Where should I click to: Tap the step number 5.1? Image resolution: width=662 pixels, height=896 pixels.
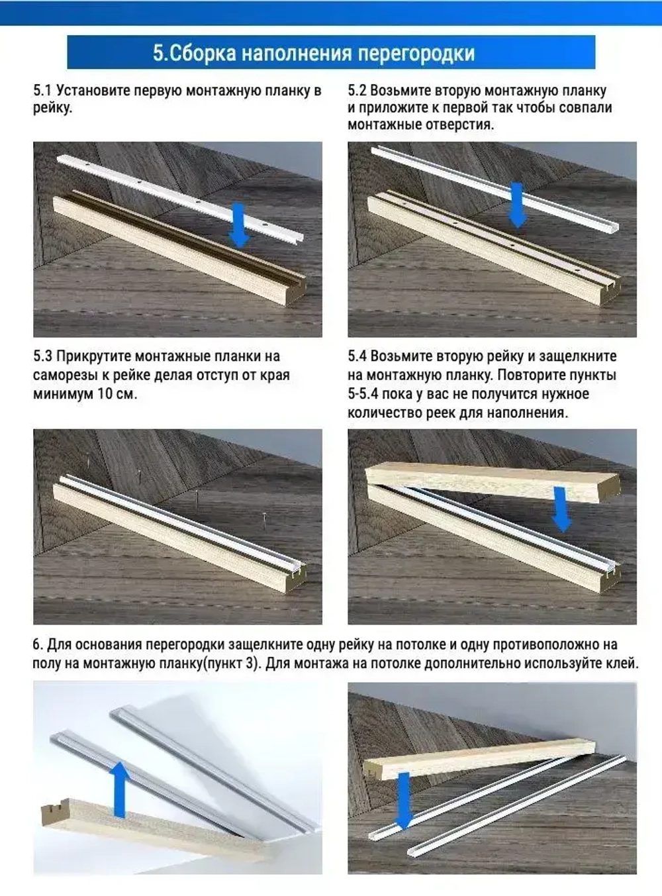coord(42,91)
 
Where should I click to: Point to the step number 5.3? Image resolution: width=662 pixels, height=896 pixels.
coord(43,356)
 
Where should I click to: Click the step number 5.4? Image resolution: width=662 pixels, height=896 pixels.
coord(357,356)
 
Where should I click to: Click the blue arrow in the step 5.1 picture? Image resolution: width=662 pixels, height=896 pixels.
coord(239,225)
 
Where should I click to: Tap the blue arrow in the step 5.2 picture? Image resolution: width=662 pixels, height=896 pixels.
coord(517,205)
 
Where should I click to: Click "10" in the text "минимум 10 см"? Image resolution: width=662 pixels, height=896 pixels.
coord(103,394)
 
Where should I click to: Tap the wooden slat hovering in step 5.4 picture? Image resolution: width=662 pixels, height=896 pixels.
coord(492,482)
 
